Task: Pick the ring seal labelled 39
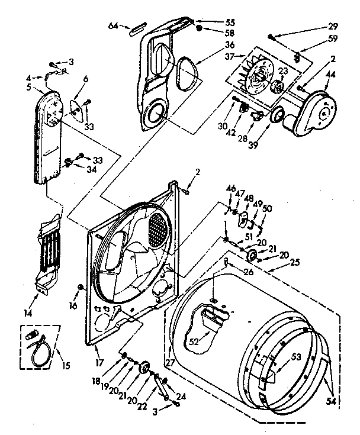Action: [x=275, y=117]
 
